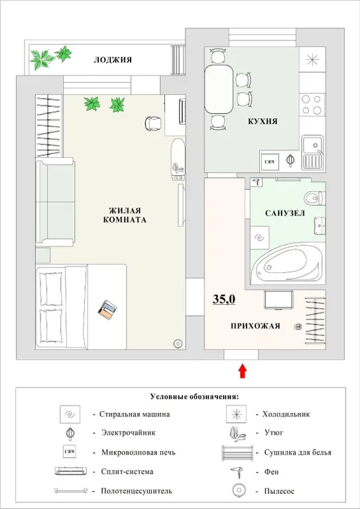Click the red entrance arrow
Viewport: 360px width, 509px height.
point(243,370)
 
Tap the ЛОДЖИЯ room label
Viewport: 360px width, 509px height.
point(112,60)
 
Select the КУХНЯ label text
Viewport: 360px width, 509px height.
point(262,122)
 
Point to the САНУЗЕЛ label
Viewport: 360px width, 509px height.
point(284,214)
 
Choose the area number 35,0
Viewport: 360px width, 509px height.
point(224,300)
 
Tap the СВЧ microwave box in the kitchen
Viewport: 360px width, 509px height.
point(270,160)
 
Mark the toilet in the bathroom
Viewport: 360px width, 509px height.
point(314,198)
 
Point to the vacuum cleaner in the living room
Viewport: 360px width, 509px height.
point(178,343)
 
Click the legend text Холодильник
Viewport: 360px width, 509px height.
point(286,414)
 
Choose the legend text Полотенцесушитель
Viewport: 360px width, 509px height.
point(137,491)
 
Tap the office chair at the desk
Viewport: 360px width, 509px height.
point(153,123)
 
